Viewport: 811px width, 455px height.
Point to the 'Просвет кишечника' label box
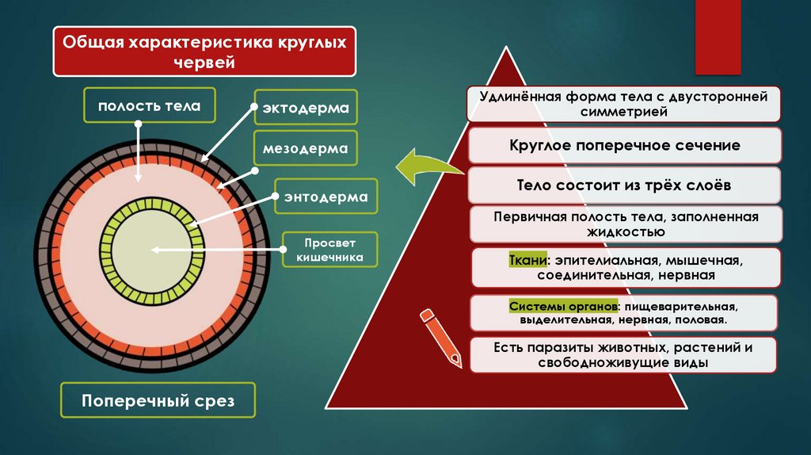pyautogui.click(x=329, y=250)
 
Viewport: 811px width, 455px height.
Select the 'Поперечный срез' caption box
pyautogui.click(x=158, y=400)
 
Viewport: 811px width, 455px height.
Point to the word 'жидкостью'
pyautogui.click(x=626, y=233)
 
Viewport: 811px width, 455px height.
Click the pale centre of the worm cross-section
pyautogui.click(x=150, y=250)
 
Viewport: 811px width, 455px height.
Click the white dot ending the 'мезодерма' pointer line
pyautogui.click(x=255, y=170)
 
